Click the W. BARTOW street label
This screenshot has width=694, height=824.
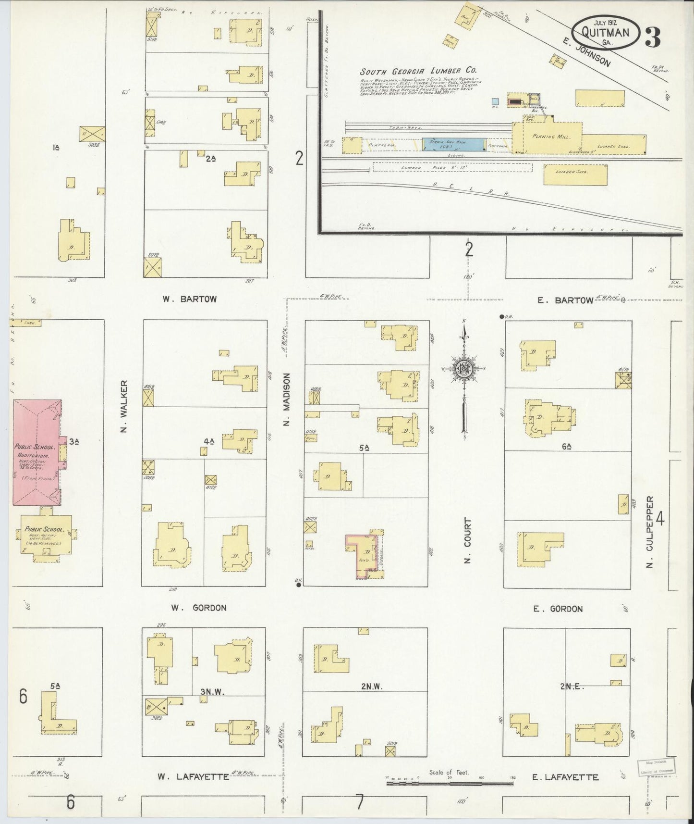pyautogui.click(x=189, y=299)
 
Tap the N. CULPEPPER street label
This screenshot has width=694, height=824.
pyautogui.click(x=650, y=532)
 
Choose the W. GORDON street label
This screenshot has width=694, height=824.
pyautogui.click(x=199, y=608)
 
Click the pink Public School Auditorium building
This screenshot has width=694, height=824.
pyautogui.click(x=37, y=452)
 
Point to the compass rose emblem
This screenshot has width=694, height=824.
pyautogui.click(x=464, y=368)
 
